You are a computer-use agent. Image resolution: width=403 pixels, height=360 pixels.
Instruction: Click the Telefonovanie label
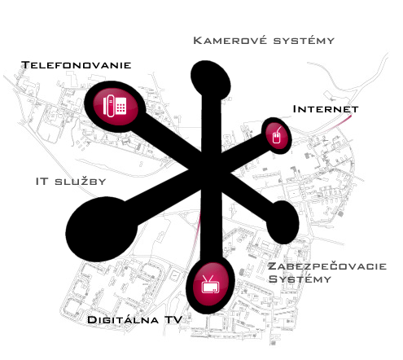(x=77, y=65)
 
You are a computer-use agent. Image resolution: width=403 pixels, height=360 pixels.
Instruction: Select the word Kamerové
(x=230, y=41)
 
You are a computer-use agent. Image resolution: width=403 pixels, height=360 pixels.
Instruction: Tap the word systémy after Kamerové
(x=304, y=41)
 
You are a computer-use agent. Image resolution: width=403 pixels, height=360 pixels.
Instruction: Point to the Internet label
(x=326, y=109)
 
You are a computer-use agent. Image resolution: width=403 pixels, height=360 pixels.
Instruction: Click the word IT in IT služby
(x=42, y=182)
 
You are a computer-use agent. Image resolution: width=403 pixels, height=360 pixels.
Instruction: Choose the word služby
(x=81, y=182)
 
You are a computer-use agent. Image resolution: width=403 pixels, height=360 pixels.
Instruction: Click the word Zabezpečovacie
(x=327, y=266)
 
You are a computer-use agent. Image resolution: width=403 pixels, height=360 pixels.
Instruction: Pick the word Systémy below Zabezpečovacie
(x=300, y=279)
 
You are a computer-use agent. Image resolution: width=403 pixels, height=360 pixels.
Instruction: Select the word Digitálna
(x=123, y=319)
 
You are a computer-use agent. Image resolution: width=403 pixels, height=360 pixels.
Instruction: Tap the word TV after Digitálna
(x=173, y=319)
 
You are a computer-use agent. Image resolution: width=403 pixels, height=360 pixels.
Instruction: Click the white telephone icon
(x=115, y=106)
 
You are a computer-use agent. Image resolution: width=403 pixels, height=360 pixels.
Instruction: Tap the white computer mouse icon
(x=277, y=135)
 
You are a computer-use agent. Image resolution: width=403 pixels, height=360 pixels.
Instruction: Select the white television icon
(x=210, y=285)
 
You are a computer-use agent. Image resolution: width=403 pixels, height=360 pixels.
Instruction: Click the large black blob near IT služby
(x=102, y=230)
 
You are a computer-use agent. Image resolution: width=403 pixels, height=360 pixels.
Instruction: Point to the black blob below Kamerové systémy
(x=211, y=78)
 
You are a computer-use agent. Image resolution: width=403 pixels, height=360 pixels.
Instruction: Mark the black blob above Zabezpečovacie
(x=283, y=222)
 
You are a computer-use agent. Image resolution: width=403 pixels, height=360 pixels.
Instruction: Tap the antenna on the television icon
(x=208, y=279)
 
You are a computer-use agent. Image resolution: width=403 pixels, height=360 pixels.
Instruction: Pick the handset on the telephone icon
(x=111, y=106)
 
